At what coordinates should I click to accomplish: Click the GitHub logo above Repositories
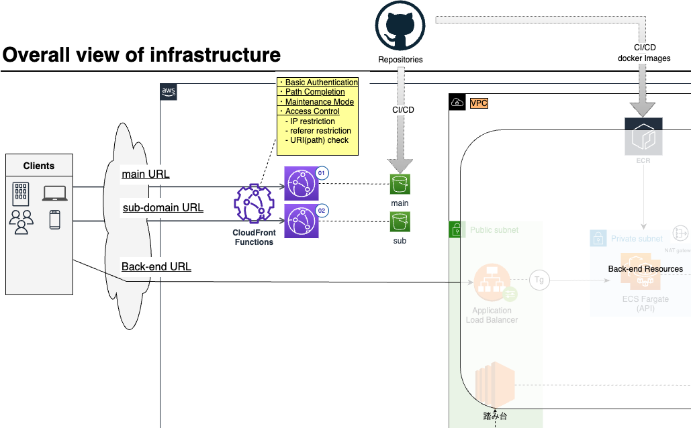(400, 26)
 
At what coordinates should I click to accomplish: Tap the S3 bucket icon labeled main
(400, 184)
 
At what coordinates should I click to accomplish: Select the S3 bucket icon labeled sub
(400, 221)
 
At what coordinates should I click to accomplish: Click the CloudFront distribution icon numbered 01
(301, 184)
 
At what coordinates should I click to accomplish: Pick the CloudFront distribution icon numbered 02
(301, 221)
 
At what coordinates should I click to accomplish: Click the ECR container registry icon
(643, 136)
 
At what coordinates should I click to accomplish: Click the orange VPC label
(479, 103)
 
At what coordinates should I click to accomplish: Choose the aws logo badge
(169, 92)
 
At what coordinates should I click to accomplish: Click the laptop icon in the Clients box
(54, 194)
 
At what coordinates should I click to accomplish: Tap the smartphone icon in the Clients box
(54, 220)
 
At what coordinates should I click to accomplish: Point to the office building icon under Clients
(21, 194)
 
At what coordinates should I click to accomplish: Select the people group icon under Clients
(21, 221)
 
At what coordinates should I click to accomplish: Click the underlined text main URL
(145, 174)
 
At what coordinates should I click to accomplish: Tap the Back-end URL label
(156, 267)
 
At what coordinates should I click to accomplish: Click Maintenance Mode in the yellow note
(319, 102)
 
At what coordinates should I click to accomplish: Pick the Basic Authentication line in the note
(321, 83)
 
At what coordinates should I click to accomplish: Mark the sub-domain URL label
(163, 208)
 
